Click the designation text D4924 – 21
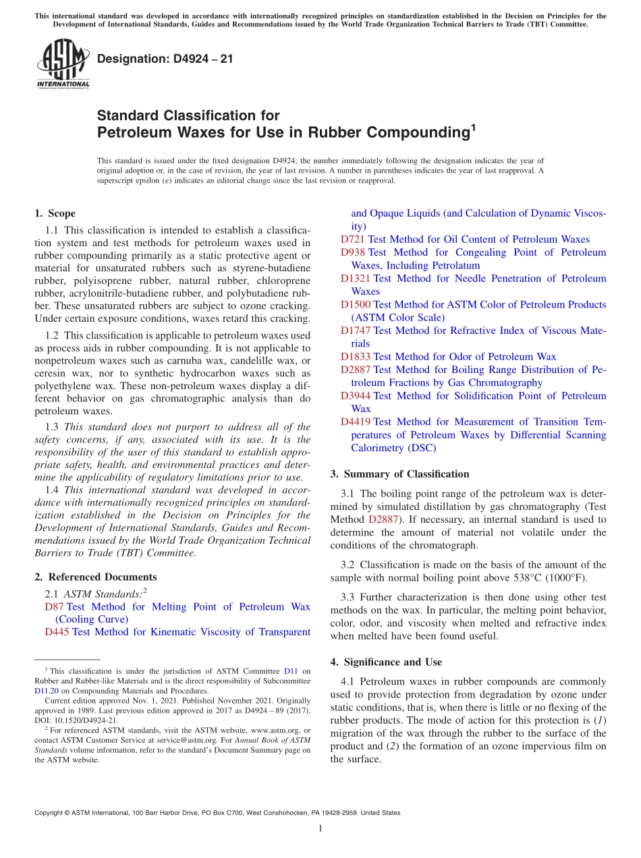(165, 59)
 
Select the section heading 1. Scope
(55, 214)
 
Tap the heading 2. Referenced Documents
(95, 577)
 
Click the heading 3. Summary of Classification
(399, 474)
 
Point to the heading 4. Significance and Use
(386, 662)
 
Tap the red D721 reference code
(352, 239)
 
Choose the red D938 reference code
(352, 252)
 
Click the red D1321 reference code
(355, 279)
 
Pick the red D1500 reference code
(355, 304)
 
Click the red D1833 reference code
(355, 356)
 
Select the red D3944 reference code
(355, 395)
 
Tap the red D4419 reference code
(355, 422)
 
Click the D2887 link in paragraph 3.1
(383, 519)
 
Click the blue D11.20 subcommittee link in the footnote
(46, 691)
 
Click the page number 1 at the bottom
(320, 828)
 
